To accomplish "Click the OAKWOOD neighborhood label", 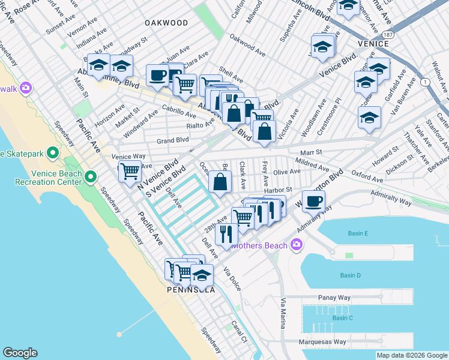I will pos(166,23).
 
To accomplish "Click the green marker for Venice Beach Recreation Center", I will pos(91,176).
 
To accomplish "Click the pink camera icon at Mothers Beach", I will pos(296,245).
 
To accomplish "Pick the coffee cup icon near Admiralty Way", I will pos(313,201).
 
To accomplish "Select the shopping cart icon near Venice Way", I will pos(130,171).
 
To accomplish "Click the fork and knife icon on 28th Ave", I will pos(226,233).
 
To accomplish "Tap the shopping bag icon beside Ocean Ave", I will pos(220,182).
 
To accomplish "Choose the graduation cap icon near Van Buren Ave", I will pos(369,118).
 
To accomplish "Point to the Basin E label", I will pos(357,233).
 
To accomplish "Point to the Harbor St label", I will pos(277,190).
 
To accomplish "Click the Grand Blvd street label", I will pos(173,141).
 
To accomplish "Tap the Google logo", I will pos(20,353).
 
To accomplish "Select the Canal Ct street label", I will pos(240,332).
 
